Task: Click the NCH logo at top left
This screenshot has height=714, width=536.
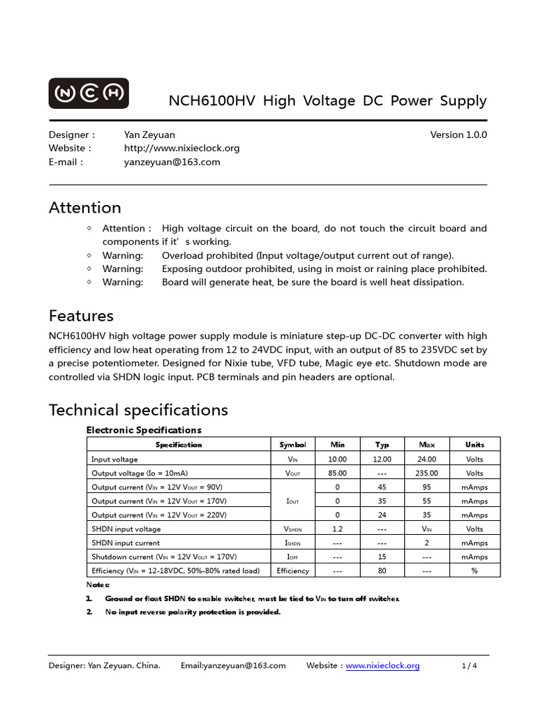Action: click(88, 93)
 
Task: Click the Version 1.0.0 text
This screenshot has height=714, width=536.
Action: click(459, 135)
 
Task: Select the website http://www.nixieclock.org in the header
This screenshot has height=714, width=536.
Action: click(181, 148)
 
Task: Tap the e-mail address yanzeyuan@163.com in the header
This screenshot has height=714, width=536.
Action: click(172, 162)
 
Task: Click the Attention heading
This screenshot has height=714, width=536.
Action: click(84, 208)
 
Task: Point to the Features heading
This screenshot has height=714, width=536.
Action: click(81, 316)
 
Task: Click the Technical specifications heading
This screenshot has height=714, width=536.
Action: click(138, 409)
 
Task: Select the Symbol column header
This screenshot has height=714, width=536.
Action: click(292, 444)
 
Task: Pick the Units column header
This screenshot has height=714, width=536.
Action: click(475, 444)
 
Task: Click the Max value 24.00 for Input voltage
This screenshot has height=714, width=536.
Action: click(426, 459)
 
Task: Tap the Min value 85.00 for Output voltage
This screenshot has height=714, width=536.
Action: click(337, 473)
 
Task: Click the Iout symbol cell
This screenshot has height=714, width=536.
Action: click(292, 501)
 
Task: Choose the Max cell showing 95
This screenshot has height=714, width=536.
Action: click(426, 487)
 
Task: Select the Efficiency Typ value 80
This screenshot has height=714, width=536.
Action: click(382, 570)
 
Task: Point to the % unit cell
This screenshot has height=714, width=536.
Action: click(475, 570)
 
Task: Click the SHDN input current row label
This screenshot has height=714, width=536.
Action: click(126, 542)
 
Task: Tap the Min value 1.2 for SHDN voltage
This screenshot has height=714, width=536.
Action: click(337, 529)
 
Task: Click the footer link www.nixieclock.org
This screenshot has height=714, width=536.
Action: click(382, 666)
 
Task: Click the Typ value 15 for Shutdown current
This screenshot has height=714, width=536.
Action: click(382, 556)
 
